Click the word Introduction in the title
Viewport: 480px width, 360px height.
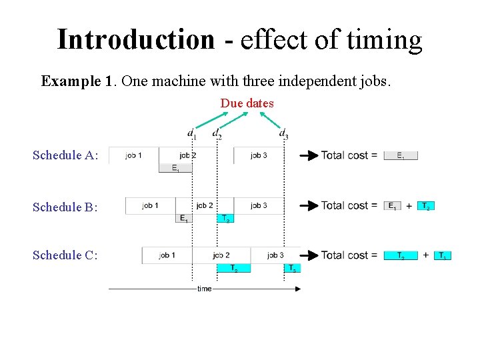point(135,40)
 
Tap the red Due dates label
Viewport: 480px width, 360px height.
point(247,103)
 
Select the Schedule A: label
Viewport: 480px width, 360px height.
point(65,155)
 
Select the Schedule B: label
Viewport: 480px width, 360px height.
point(65,207)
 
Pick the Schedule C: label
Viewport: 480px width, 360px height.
point(65,255)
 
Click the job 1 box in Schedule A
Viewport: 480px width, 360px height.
point(133,155)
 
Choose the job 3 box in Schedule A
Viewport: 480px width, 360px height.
point(259,155)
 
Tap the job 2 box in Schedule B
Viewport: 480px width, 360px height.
point(205,205)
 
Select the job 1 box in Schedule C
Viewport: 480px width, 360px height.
point(167,255)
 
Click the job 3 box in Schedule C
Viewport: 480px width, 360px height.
point(276,255)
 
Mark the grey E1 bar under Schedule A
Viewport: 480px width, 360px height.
point(175,169)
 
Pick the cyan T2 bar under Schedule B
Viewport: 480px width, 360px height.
point(226,218)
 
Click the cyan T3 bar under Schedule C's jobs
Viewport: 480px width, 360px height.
point(293,268)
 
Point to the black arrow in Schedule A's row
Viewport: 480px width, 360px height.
point(308,156)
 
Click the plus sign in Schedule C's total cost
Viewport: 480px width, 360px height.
point(426,255)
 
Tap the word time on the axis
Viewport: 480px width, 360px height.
point(205,289)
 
